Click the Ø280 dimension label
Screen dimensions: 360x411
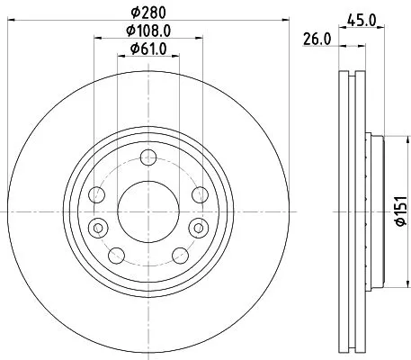(x=147, y=12)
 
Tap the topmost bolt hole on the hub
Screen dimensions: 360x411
(x=147, y=160)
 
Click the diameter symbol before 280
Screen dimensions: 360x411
(x=134, y=12)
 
